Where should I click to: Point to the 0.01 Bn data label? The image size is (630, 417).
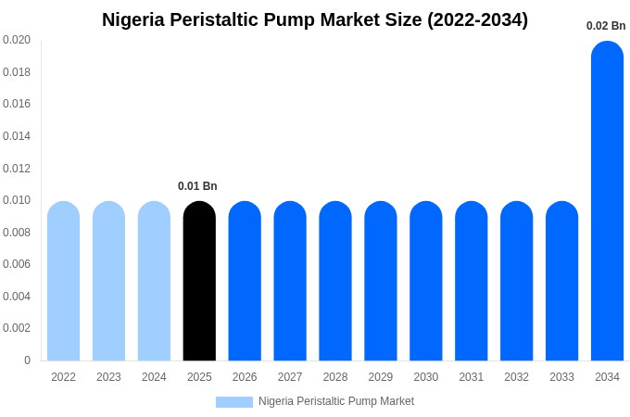click(x=197, y=186)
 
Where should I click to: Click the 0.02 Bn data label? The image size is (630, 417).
click(x=606, y=26)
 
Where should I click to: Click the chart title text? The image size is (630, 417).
click(x=315, y=19)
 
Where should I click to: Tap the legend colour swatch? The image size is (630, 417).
click(x=233, y=402)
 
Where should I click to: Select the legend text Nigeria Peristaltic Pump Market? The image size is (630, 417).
click(x=336, y=401)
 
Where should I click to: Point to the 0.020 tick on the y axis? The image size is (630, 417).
click(x=17, y=40)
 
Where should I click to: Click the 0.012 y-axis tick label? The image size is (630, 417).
click(x=17, y=168)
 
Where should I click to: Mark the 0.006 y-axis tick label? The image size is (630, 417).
click(x=17, y=264)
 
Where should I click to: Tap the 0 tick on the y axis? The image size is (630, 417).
click(x=27, y=360)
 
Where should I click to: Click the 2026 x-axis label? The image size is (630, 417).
click(x=245, y=377)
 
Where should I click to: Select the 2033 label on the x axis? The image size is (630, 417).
click(x=561, y=377)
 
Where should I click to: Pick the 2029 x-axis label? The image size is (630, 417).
click(x=381, y=377)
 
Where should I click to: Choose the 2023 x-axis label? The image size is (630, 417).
click(x=108, y=377)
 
